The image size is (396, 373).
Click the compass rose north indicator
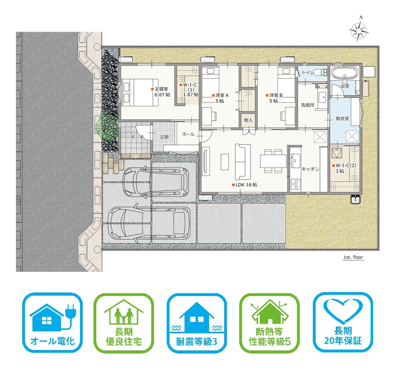(359, 29)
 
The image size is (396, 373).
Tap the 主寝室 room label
(161, 89)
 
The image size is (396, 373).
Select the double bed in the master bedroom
(141, 92)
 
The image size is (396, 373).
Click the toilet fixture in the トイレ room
(321, 72)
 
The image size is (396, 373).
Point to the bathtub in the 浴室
(345, 73)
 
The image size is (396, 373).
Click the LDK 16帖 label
(246, 185)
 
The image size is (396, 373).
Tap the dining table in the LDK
(274, 161)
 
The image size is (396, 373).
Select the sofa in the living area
(243, 162)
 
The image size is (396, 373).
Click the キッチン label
(310, 169)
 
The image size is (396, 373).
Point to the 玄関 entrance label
(164, 137)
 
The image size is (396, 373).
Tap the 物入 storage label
(248, 120)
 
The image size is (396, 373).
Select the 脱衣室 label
(343, 118)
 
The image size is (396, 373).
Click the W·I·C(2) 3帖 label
(345, 168)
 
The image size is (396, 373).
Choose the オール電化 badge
(53, 323)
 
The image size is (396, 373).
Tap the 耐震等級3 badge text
(196, 342)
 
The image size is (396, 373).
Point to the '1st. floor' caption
(353, 257)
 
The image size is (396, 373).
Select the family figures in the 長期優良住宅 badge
(124, 316)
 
